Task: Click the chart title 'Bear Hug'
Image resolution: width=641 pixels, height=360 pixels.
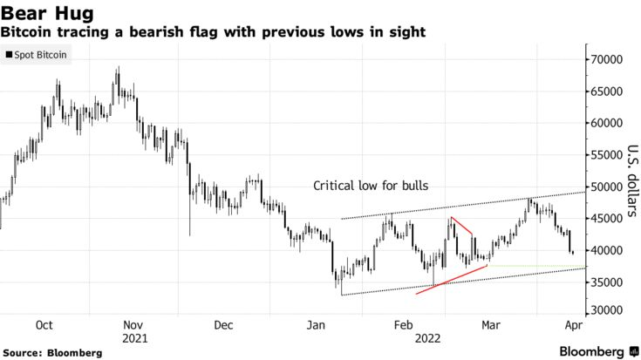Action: [42, 14]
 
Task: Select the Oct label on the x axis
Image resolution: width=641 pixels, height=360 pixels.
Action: [44, 324]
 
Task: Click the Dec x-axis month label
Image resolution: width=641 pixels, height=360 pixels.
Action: [224, 324]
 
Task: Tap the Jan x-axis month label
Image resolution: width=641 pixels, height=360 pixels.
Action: [315, 324]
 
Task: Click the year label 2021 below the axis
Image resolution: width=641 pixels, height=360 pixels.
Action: [134, 336]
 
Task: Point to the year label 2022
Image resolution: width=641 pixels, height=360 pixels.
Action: [427, 336]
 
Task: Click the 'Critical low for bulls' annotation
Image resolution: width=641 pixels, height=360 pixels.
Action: [372, 186]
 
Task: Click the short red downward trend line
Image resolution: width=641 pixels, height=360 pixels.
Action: [462, 226]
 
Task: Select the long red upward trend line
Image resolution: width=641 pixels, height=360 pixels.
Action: [452, 279]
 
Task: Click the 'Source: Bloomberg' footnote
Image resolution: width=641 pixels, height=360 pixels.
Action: [51, 352]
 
